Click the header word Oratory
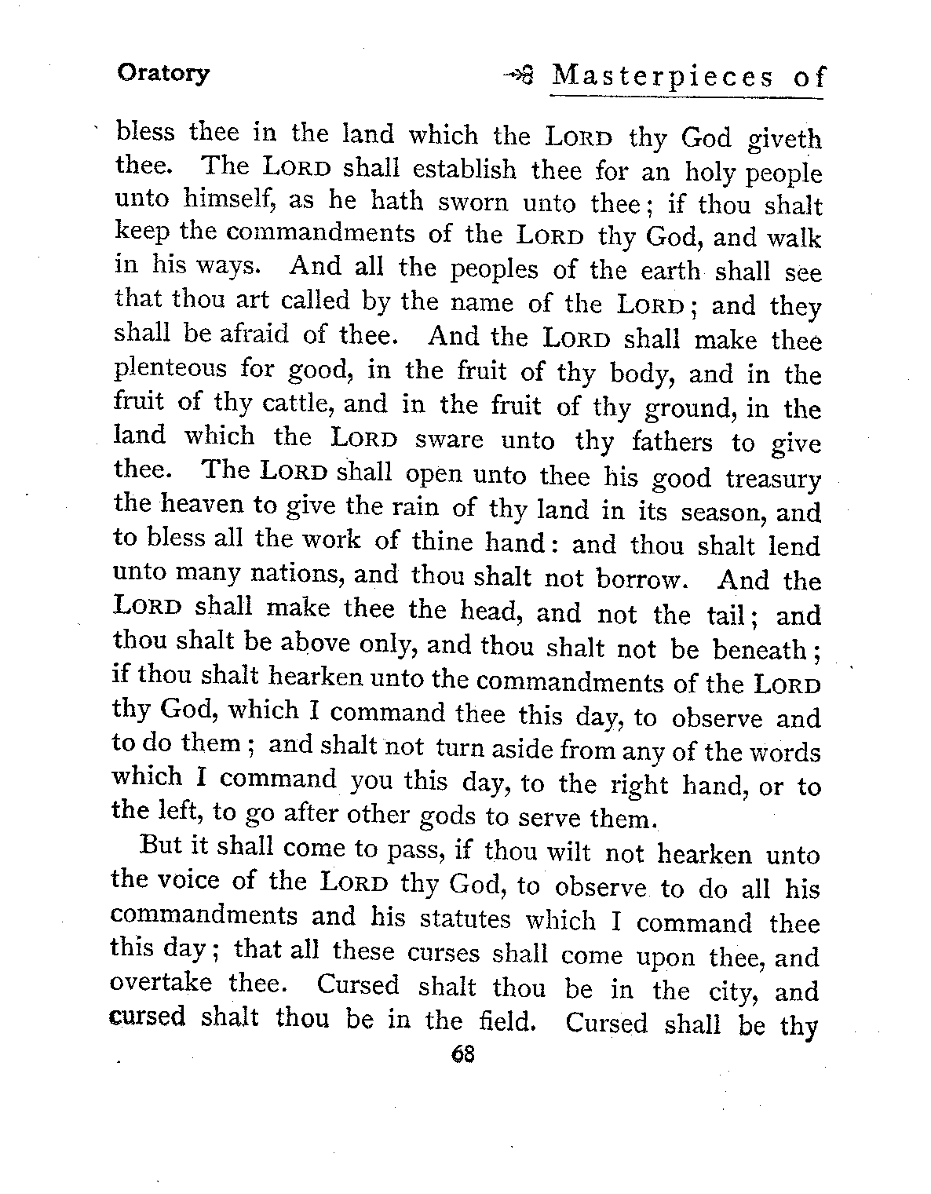click(163, 74)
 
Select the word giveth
click(783, 140)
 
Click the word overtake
click(160, 983)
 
